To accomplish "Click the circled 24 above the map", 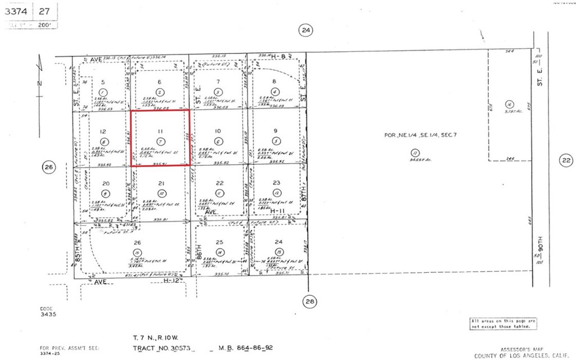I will pyautogui.click(x=305, y=30).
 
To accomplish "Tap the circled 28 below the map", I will pyautogui.click(x=309, y=301).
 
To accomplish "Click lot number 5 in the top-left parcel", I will pyautogui.click(x=102, y=82).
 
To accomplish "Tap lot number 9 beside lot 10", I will pyautogui.click(x=275, y=131).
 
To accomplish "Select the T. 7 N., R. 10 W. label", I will pyautogui.click(x=156, y=338).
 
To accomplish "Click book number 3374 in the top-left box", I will pyautogui.click(x=19, y=11).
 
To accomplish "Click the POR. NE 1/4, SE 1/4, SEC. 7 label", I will pyautogui.click(x=414, y=136).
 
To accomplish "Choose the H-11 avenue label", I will pyautogui.click(x=275, y=212).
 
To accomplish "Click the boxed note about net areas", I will pyautogui.click(x=503, y=323).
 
